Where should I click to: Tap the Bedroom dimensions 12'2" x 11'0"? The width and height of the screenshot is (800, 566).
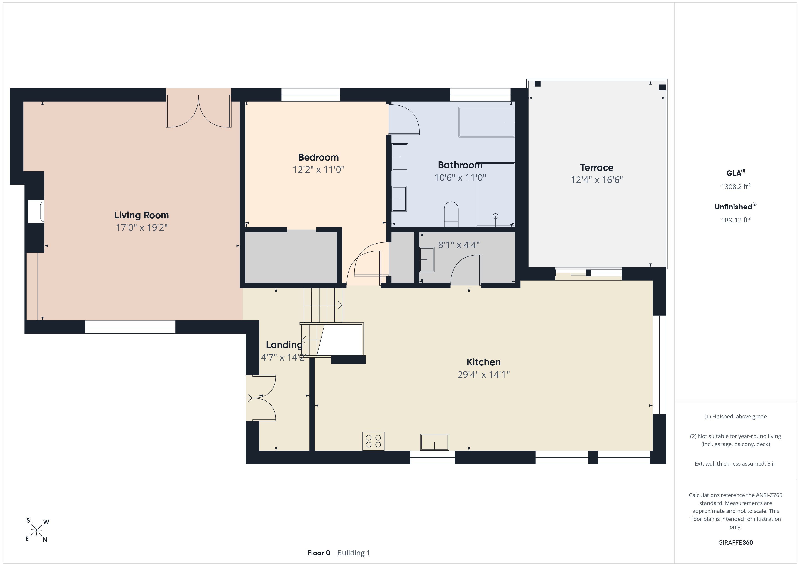[x=318, y=170]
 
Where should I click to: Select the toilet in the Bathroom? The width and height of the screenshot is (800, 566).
[x=451, y=214]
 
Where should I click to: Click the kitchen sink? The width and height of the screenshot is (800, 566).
[x=434, y=442]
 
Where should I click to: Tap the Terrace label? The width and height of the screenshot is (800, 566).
[x=597, y=168]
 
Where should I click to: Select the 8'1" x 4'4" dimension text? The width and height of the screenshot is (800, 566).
[x=459, y=245]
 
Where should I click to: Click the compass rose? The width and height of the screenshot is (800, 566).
[x=37, y=530]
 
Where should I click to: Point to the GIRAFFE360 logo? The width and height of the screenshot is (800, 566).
[x=736, y=543]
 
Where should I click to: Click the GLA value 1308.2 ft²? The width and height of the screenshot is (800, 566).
[x=736, y=186]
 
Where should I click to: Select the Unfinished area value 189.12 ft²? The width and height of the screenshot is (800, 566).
[x=736, y=220]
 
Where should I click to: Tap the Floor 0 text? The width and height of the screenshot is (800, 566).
[x=318, y=553]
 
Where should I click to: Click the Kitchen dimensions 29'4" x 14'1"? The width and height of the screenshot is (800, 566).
[x=484, y=375]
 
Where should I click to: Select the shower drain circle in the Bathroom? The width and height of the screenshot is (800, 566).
[x=495, y=216]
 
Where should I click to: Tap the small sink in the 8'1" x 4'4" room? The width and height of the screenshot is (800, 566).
[x=427, y=260]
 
